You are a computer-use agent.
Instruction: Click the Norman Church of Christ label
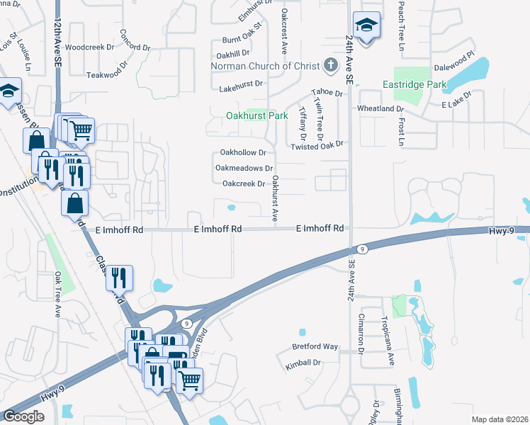(266, 66)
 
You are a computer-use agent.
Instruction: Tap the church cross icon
(329, 65)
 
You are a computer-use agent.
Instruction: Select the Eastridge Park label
(415, 84)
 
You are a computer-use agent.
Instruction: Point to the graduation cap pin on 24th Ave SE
(366, 25)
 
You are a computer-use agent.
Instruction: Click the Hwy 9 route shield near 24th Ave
(361, 249)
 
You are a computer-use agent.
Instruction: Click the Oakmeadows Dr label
(244, 169)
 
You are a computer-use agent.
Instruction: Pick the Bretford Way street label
(315, 347)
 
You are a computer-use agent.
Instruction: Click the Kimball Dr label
(303, 362)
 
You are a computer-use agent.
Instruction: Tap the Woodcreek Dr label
(89, 47)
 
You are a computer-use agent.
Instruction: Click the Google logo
(23, 416)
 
